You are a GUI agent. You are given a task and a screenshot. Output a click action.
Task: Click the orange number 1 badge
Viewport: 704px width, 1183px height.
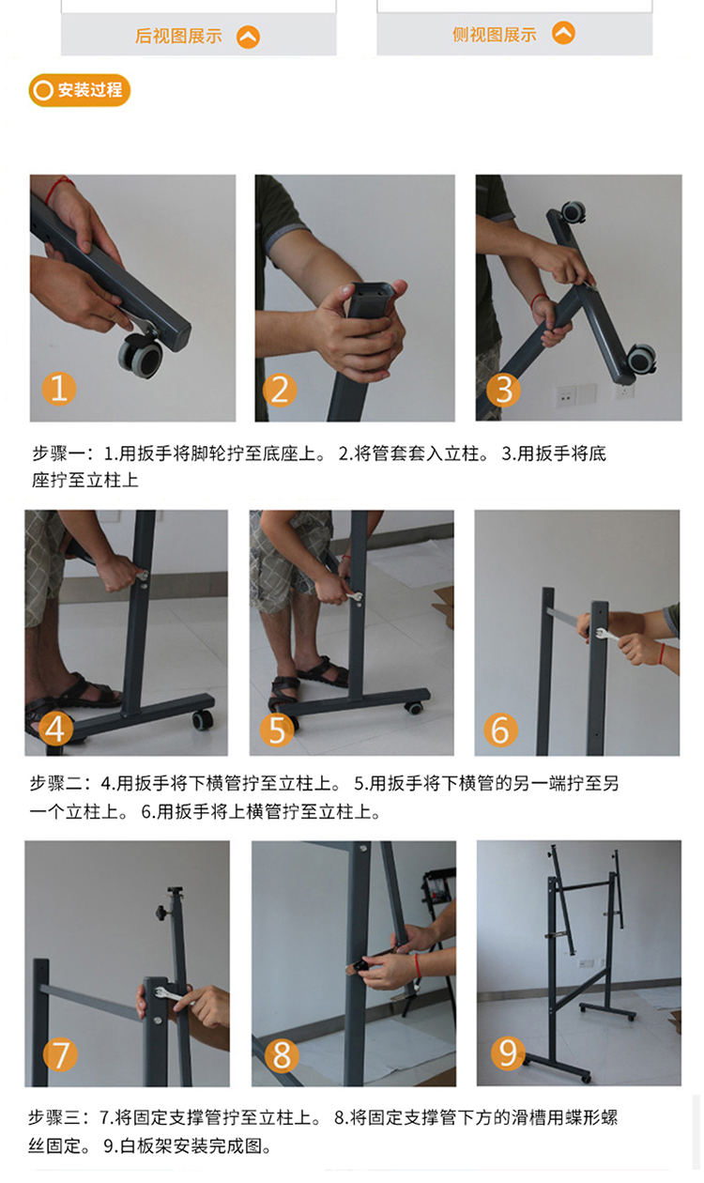point(58,388)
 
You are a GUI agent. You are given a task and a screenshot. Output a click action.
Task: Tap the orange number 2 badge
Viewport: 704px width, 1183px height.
point(280,390)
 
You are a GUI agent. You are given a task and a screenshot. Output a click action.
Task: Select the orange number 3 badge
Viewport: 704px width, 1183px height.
point(503,390)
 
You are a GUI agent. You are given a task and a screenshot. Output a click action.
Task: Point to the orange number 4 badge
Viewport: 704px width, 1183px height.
point(55,729)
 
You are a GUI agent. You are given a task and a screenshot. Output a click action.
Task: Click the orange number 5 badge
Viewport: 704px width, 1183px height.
point(277,730)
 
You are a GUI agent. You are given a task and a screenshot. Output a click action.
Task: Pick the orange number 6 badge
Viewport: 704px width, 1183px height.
point(500,730)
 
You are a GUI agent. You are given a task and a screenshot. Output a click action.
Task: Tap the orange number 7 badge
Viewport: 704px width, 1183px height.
point(60,1054)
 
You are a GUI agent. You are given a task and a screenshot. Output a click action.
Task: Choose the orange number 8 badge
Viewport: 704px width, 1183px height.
point(282,1054)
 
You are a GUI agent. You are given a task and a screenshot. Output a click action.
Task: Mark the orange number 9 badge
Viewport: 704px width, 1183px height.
point(508,1052)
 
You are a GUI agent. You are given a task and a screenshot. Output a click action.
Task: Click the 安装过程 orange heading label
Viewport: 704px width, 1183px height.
point(79,90)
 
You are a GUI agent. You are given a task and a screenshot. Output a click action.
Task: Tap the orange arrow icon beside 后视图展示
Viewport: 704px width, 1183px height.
point(248,37)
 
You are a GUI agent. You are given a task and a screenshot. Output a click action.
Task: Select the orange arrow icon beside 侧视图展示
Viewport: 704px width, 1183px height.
point(563,33)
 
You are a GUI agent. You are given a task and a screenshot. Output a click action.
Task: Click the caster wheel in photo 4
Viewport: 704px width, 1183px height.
point(202,720)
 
